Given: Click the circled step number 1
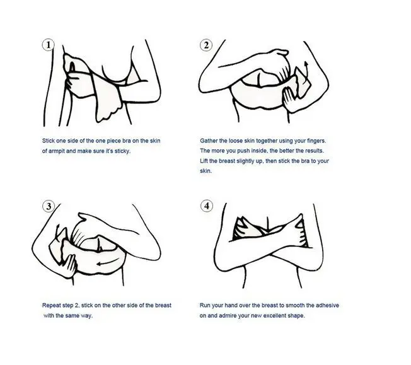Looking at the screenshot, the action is (x=48, y=45).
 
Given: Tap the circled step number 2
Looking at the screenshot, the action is (x=206, y=45).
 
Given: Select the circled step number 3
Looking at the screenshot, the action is (x=49, y=206).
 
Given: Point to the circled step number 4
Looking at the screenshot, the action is (x=207, y=206).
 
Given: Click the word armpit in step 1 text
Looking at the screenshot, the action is (x=56, y=151).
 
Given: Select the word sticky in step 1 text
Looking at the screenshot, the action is (x=122, y=151).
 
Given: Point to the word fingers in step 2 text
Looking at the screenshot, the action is (x=316, y=141).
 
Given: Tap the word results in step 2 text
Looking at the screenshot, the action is (x=315, y=151).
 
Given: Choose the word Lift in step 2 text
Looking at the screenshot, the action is (x=204, y=161).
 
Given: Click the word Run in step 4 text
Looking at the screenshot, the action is (x=205, y=306).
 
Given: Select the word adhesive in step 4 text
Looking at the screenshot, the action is (x=327, y=306).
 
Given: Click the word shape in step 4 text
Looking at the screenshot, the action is (x=296, y=316).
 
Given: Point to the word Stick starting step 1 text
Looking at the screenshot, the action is (x=49, y=141).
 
